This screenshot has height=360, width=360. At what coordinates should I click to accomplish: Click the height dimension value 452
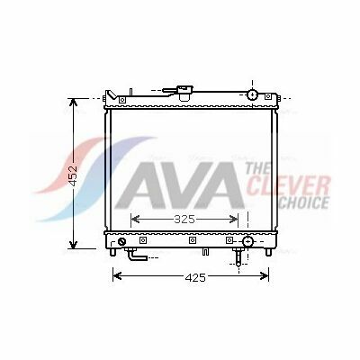74,175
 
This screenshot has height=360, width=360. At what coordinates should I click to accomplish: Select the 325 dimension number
184,220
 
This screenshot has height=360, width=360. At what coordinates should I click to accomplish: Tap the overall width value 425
195,278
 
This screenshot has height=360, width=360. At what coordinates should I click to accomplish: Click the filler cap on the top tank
185,93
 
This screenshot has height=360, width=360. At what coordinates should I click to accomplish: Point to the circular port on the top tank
253,94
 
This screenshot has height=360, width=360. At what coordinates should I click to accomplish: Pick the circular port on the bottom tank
247,241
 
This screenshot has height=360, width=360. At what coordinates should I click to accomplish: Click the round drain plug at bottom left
121,241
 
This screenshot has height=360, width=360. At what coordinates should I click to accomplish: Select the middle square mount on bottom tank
193,240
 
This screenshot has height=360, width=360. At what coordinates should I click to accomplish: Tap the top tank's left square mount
121,100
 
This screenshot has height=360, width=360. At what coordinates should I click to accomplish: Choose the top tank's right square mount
268,96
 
